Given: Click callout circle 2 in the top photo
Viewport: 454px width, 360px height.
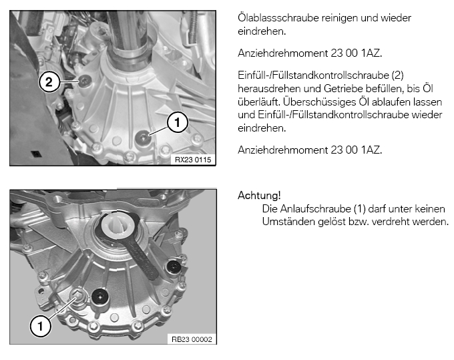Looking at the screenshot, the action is pyautogui.click(x=49, y=82).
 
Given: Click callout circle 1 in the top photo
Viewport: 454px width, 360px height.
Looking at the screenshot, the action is pyautogui.click(x=177, y=122).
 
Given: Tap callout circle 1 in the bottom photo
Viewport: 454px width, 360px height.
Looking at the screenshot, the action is pyautogui.click(x=41, y=326).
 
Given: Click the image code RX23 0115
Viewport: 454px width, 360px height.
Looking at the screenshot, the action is pyautogui.click(x=193, y=160).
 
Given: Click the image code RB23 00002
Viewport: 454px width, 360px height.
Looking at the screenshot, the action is pyautogui.click(x=192, y=339).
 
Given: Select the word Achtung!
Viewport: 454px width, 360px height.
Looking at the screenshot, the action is pyautogui.click(x=259, y=196).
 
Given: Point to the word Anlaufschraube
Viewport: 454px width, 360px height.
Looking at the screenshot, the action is pyautogui.click(x=315, y=209).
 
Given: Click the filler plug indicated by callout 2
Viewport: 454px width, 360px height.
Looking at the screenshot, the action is pyautogui.click(x=85, y=80).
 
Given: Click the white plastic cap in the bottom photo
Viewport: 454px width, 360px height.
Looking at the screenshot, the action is pyautogui.click(x=118, y=224).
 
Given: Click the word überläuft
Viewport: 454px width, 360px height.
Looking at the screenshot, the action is pyautogui.click(x=258, y=102).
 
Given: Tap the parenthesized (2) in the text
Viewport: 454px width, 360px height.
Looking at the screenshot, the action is pyautogui.click(x=397, y=75).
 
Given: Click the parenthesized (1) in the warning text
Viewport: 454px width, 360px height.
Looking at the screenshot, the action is pyautogui.click(x=360, y=209).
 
